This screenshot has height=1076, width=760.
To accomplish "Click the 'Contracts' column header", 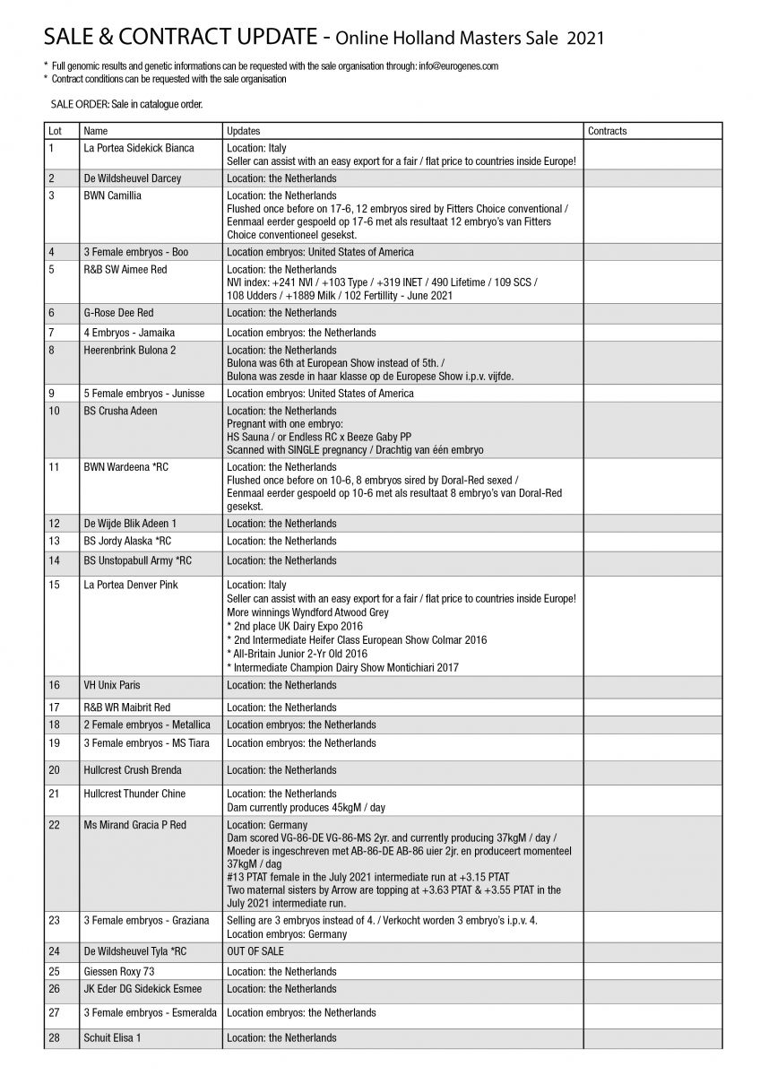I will [x=607, y=131].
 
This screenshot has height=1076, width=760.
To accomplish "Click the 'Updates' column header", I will [x=244, y=131].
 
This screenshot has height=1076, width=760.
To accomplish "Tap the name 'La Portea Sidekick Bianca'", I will [x=138, y=148].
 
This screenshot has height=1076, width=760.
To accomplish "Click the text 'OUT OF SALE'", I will [x=255, y=951].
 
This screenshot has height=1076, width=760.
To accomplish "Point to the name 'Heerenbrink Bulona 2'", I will [x=130, y=351].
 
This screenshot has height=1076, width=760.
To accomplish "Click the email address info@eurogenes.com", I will [x=458, y=65].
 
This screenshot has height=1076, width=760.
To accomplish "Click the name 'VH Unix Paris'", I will [x=112, y=686].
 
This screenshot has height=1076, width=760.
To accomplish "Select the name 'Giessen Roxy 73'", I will [x=117, y=971].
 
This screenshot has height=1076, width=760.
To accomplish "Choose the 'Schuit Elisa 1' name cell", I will [x=112, y=1038].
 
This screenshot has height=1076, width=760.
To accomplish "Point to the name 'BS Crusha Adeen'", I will [x=120, y=411].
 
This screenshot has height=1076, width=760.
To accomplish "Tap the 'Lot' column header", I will [x=55, y=131].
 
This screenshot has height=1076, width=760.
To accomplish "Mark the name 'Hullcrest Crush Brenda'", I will [x=132, y=770].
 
